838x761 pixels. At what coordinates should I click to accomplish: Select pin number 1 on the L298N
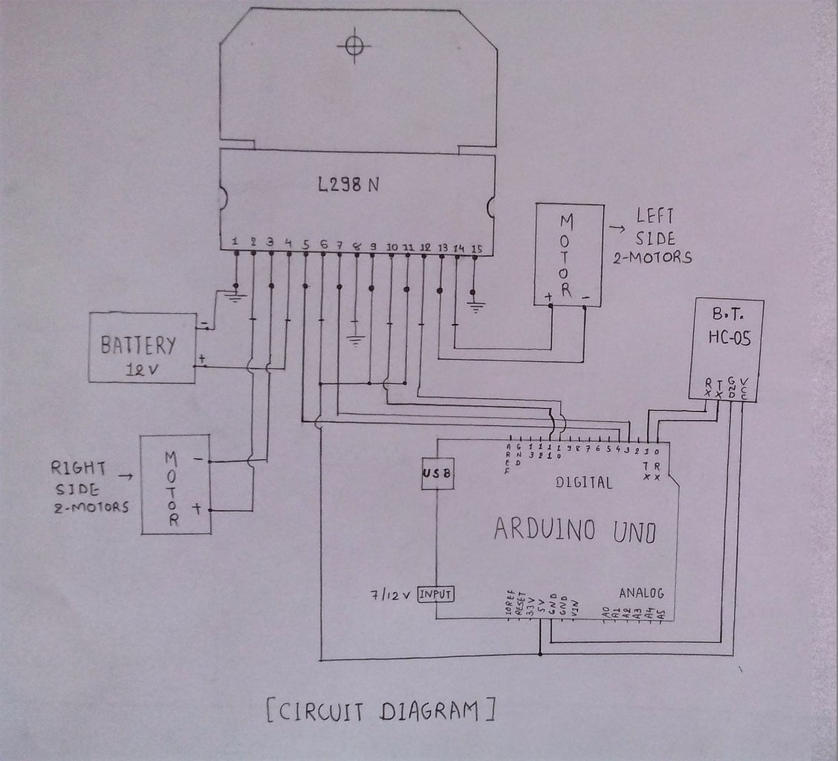[235, 241]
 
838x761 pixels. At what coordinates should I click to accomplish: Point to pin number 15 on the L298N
[477, 248]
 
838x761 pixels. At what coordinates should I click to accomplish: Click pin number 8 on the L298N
[357, 245]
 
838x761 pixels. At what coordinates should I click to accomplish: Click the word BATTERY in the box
[139, 345]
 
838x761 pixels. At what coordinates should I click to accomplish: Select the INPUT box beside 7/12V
[436, 594]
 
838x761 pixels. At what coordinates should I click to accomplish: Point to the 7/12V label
[391, 595]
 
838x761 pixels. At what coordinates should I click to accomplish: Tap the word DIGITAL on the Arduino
[584, 482]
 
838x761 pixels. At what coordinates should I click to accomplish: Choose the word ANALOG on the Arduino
[640, 593]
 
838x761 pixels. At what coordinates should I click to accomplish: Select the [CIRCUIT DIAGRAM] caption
[380, 711]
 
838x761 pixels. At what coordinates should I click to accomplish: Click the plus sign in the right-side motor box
[198, 509]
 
